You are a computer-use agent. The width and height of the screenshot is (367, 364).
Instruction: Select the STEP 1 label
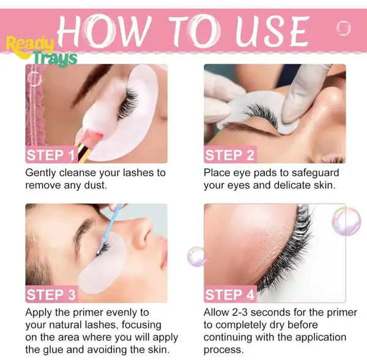51,154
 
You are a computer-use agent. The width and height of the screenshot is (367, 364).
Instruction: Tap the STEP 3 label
51,294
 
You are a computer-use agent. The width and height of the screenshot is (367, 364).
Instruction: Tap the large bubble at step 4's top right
346,221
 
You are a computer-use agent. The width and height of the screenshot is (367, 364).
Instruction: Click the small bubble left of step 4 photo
196,256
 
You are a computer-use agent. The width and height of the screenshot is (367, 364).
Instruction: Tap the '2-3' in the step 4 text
245,313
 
